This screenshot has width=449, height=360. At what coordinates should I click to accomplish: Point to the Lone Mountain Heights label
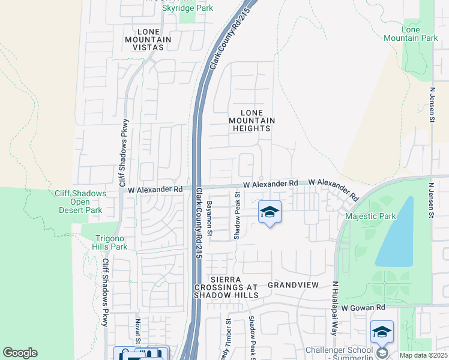pyautogui.click(x=252, y=121)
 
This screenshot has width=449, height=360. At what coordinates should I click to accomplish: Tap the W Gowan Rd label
pyautogui.click(x=363, y=307)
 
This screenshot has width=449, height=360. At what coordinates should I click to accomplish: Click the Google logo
pyautogui.click(x=20, y=353)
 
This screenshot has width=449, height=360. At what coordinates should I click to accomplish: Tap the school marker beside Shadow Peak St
pyautogui.click(x=270, y=212)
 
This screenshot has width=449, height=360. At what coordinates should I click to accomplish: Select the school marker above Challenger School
pyautogui.click(x=382, y=332)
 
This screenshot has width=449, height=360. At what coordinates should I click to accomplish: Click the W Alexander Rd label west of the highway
pyautogui.click(x=155, y=189)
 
